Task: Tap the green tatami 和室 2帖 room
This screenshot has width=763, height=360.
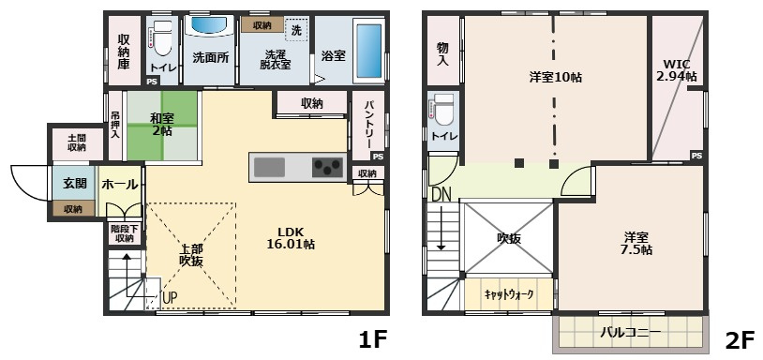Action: point(160,124)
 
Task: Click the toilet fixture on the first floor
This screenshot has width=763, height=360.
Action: point(161,39)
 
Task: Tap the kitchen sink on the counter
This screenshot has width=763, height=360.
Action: point(269,168)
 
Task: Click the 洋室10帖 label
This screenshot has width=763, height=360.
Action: point(555,78)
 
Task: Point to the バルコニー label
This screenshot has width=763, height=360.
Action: point(630,332)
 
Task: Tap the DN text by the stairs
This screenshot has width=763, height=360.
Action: point(441,194)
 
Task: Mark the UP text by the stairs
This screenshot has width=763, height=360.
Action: point(170,298)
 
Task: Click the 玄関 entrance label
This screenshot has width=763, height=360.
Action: point(74,183)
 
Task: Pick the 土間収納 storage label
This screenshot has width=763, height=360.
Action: point(76,142)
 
